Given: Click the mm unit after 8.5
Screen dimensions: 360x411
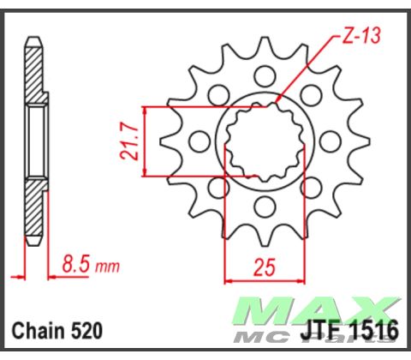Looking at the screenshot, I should pyautogui.click(x=107, y=267).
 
